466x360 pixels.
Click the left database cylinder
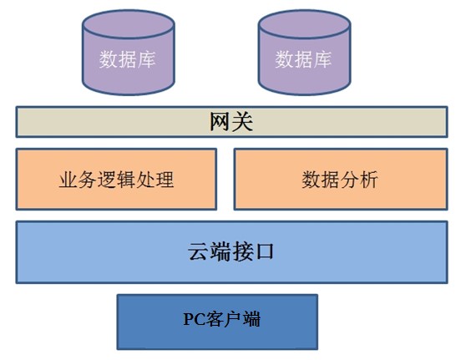[129, 53]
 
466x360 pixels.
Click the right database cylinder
[304, 53]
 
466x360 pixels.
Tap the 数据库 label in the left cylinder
[128, 59]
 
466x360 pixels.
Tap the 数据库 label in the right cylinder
[303, 59]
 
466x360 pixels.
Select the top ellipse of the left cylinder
[129, 24]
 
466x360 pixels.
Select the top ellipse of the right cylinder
[304, 24]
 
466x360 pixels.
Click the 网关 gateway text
[231, 122]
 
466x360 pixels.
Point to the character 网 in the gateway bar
[220, 122]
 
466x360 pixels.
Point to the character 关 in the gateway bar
[242, 122]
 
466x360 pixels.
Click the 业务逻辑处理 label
[116, 180]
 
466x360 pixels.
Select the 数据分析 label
[340, 180]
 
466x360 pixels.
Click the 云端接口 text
[230, 251]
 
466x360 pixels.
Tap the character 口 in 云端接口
[264, 252]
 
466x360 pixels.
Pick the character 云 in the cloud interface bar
[198, 251]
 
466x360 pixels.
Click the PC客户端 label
[221, 319]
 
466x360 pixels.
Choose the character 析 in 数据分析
[369, 180]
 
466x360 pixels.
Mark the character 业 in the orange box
[68, 180]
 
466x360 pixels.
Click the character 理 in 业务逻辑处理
[165, 180]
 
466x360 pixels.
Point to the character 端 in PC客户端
[251, 319]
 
